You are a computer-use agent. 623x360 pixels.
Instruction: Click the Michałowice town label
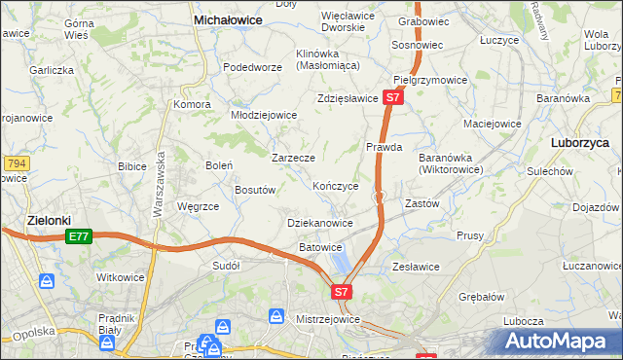click(x=234, y=18)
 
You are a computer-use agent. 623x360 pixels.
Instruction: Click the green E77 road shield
click(x=80, y=236)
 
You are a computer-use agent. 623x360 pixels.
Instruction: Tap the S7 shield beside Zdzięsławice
click(x=392, y=98)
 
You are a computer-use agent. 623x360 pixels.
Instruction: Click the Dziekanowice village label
click(x=320, y=223)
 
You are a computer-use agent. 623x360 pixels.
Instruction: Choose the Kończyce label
click(x=336, y=186)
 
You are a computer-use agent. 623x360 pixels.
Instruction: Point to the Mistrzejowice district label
click(x=328, y=319)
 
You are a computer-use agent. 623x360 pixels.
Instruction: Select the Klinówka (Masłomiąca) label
click(x=328, y=59)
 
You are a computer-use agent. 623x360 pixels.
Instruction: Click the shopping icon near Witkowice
click(x=47, y=281)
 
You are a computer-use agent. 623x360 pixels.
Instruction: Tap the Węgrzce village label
click(x=198, y=206)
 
